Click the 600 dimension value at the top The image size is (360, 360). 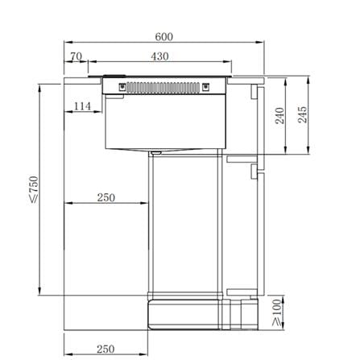(x=163, y=37)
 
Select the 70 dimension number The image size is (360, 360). (x=76, y=56)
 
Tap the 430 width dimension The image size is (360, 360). (x=159, y=56)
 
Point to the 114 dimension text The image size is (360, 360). (x=82, y=106)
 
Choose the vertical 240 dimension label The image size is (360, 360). (x=280, y=115)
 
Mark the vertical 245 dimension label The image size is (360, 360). (x=303, y=114)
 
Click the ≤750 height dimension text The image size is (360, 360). (x=34, y=189)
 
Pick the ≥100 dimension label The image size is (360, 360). (x=278, y=312)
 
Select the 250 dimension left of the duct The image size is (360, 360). (x=106, y=197)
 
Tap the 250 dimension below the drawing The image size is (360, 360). (x=106, y=350)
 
